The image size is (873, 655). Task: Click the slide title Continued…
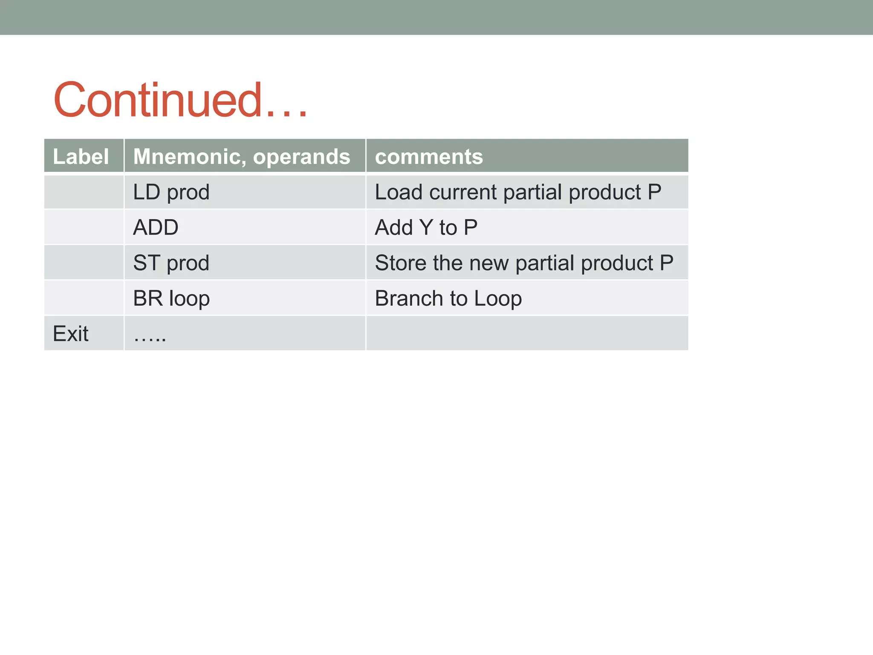[180, 100]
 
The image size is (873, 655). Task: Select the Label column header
[81, 157]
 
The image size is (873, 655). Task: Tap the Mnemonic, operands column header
[242, 157]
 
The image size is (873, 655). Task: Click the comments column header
[429, 157]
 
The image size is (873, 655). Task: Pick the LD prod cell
[171, 192]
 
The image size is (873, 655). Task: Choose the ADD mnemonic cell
[156, 227]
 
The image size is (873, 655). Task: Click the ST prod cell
[171, 263]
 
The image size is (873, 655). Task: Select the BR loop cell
[171, 299]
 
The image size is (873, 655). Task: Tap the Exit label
[71, 333]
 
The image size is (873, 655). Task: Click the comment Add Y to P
[426, 227]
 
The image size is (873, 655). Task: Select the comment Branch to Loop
[448, 299]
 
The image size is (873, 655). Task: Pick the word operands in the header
[301, 157]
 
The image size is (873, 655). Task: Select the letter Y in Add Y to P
[426, 227]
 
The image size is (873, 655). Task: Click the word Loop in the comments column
[498, 299]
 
